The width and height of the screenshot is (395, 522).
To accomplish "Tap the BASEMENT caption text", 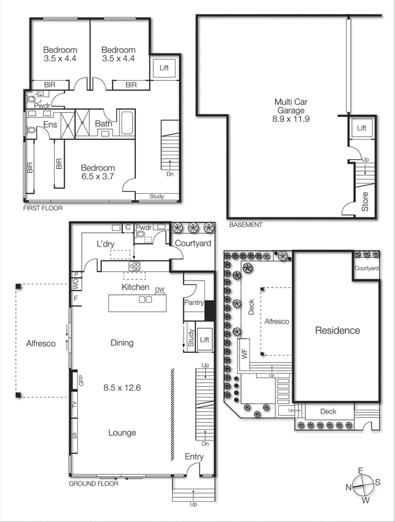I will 246,225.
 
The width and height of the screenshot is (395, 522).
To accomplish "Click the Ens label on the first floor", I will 50,125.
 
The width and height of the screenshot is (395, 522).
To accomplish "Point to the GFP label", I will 82,381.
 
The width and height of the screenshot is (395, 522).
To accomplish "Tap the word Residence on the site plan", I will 338,330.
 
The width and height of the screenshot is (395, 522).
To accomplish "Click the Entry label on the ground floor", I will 195,456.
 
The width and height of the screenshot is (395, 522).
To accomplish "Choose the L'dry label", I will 106,243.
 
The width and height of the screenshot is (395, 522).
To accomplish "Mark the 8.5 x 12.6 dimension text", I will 123,388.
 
